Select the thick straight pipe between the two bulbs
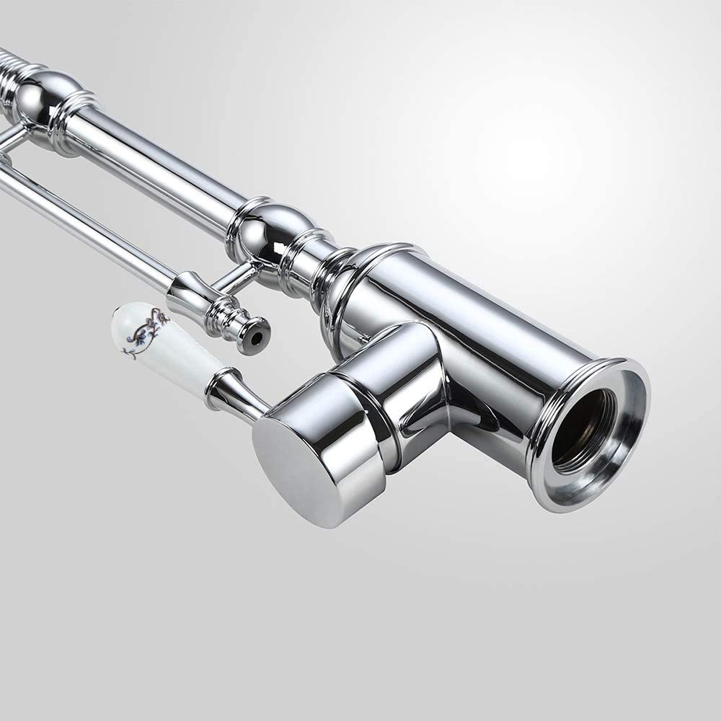coord(159,159)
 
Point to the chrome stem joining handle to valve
coord(234,393)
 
